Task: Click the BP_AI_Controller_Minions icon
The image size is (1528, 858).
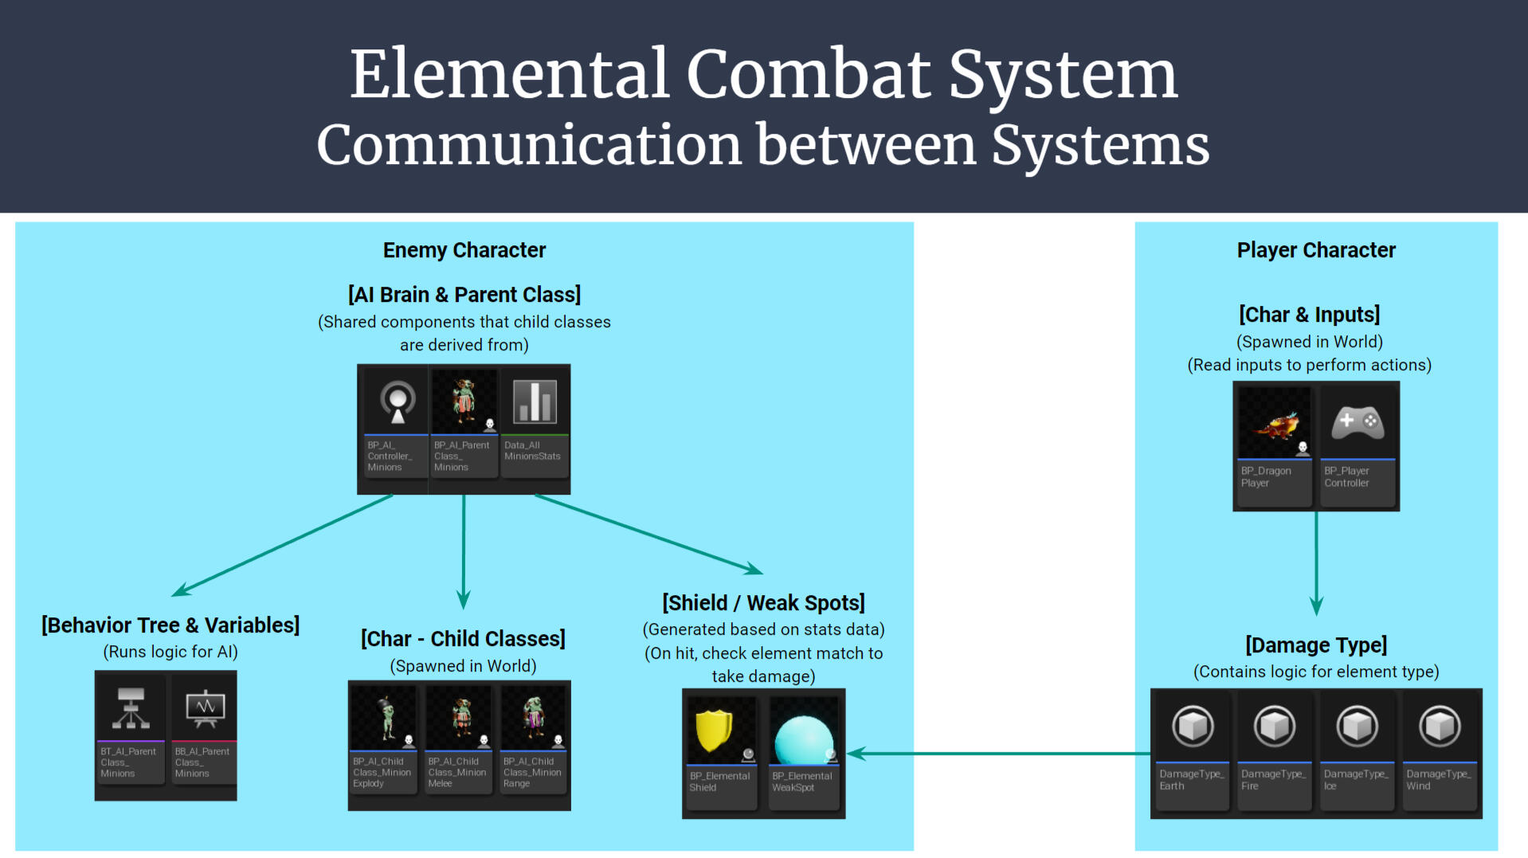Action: (398, 401)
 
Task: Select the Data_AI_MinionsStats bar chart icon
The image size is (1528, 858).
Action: (534, 401)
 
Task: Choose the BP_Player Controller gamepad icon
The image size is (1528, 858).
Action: (1358, 422)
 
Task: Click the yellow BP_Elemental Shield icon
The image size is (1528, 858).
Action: (714, 730)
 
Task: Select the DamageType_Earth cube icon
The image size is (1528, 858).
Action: (1193, 727)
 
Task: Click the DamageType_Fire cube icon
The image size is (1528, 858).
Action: (1275, 727)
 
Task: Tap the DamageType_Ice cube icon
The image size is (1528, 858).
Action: (1358, 727)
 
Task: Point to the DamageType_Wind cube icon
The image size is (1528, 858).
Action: (1440, 727)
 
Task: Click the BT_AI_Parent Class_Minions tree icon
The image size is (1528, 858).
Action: (131, 707)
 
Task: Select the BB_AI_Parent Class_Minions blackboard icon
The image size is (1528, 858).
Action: (206, 707)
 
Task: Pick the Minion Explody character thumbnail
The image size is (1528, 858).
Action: (385, 717)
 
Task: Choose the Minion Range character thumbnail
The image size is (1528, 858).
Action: (533, 717)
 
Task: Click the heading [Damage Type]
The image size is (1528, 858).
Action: (1316, 644)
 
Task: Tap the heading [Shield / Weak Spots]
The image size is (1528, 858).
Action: (763, 603)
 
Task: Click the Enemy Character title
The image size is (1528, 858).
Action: (464, 250)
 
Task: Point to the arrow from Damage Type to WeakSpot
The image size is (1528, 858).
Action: (996, 753)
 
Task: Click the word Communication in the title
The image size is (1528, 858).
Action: (529, 145)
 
